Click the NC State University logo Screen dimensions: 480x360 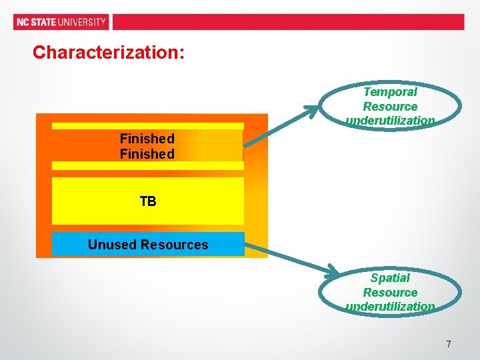61,22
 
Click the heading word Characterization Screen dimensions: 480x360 109,52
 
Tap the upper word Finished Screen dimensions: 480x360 147,139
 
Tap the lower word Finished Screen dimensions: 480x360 147,154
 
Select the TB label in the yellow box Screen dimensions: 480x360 148,201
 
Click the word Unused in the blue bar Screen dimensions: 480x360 112,245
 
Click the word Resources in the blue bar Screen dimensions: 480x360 174,245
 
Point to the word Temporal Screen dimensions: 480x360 390,92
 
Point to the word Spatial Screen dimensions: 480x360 390,278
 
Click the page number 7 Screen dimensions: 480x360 448,344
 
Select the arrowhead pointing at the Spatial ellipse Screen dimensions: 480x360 332,271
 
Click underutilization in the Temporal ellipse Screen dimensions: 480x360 390,121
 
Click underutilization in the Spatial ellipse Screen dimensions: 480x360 390,307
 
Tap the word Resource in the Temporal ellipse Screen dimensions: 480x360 390,107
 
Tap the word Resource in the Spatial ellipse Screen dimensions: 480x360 390,293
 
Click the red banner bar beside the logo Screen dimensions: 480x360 287,22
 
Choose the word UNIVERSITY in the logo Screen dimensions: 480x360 82,22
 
